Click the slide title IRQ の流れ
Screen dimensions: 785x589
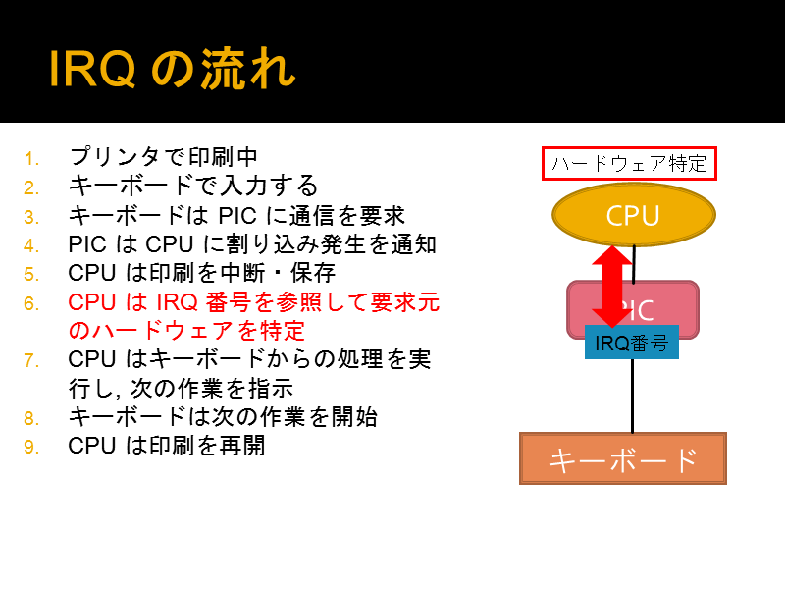[x=173, y=69]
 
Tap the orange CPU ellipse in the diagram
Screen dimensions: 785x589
[x=633, y=214]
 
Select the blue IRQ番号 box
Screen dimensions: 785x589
[x=632, y=343]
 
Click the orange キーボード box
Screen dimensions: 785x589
[x=623, y=458]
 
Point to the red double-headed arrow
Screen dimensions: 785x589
[x=612, y=287]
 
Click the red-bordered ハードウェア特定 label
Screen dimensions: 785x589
[x=629, y=163]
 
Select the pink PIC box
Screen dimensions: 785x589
[x=633, y=309]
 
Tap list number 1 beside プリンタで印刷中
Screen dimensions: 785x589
[x=31, y=159]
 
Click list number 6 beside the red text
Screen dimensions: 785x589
[x=31, y=303]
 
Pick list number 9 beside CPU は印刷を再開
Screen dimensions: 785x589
[x=31, y=447]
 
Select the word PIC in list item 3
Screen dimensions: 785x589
[x=237, y=216]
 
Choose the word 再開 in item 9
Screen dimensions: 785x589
[x=242, y=446]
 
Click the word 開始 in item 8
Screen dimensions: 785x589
[x=354, y=416]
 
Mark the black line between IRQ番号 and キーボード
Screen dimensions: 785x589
[x=632, y=396]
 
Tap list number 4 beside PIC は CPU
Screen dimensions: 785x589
[x=31, y=245]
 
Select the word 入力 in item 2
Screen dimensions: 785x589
[x=242, y=186]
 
